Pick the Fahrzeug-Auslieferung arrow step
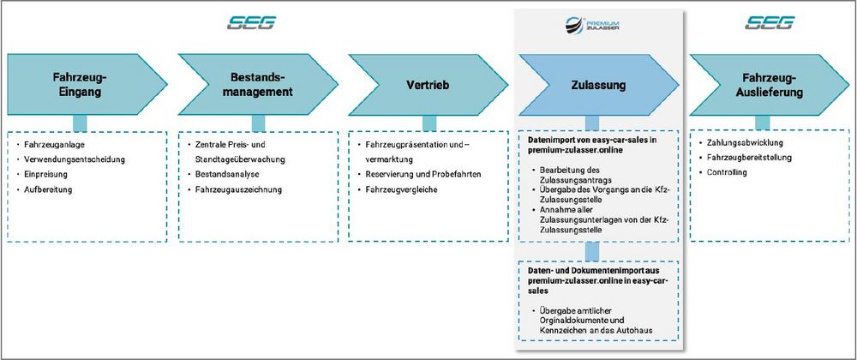[763, 86]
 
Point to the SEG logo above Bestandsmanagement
[252, 23]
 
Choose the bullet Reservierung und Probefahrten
[423, 174]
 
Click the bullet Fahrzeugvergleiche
[401, 189]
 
